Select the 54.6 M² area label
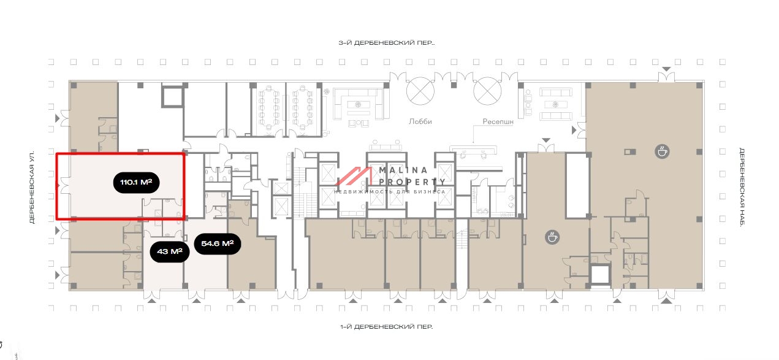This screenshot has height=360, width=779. (x=217, y=243)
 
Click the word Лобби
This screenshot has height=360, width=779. (x=420, y=121)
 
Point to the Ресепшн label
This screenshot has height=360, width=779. (x=498, y=121)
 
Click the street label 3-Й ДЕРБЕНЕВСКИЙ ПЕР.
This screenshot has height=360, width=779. (x=386, y=43)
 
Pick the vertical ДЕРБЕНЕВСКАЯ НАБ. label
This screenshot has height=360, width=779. (x=741, y=187)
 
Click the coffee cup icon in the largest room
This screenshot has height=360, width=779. (x=661, y=151)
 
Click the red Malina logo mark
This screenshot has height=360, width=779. (x=354, y=176)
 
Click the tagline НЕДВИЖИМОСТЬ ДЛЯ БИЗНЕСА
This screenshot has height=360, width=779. (x=390, y=192)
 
